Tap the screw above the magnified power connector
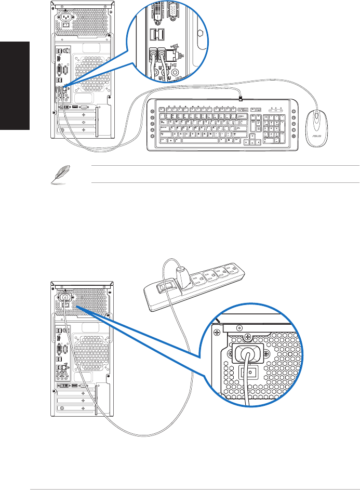tap(238, 328)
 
